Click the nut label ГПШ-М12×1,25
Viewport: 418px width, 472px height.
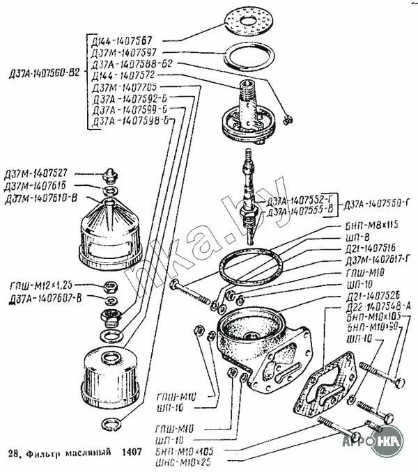40,285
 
